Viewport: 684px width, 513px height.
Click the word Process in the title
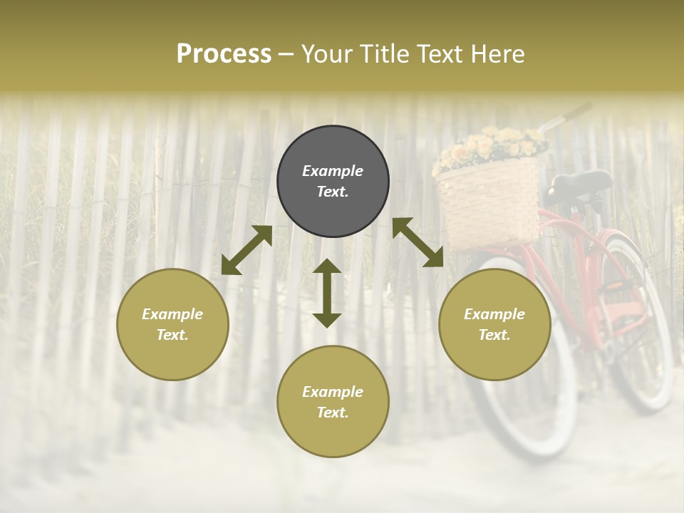click(x=224, y=54)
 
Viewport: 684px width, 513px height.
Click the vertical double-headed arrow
click(x=327, y=293)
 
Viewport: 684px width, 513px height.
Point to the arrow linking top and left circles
click(x=247, y=250)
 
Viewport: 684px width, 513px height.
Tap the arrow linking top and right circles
click(x=418, y=242)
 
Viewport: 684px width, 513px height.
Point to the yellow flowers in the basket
click(x=492, y=147)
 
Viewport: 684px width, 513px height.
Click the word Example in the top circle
click(x=333, y=171)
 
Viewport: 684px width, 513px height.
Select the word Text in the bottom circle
click(x=333, y=413)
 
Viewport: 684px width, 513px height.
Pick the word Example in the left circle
click(x=172, y=314)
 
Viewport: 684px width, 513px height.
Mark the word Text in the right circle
click(x=494, y=335)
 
